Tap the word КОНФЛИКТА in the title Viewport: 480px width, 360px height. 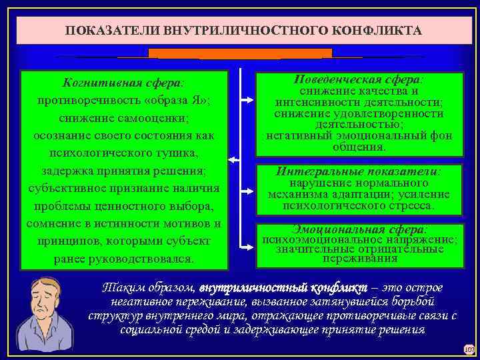click(x=373, y=31)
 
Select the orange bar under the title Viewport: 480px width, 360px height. click(x=240, y=53)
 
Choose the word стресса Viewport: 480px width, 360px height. click(x=409, y=206)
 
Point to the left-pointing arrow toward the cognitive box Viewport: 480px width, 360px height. click(x=233, y=160)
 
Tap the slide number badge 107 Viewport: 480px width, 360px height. click(x=468, y=349)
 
